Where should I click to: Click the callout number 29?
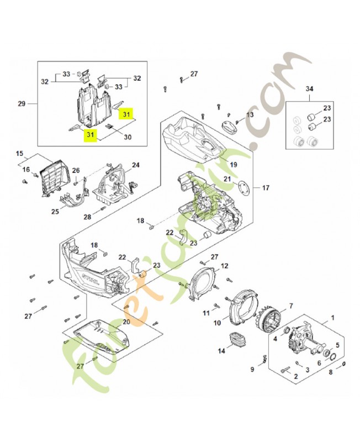22,103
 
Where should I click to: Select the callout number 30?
128,137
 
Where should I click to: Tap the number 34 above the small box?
309,88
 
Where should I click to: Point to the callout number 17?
266,188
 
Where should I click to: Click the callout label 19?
234,164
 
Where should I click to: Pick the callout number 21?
227,178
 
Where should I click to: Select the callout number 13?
250,114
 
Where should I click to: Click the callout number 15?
19,153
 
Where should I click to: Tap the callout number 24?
135,165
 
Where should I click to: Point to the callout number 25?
55,212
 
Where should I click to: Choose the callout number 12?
224,266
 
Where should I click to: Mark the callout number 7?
291,306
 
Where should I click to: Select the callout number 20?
126,322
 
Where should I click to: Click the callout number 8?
332,372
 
